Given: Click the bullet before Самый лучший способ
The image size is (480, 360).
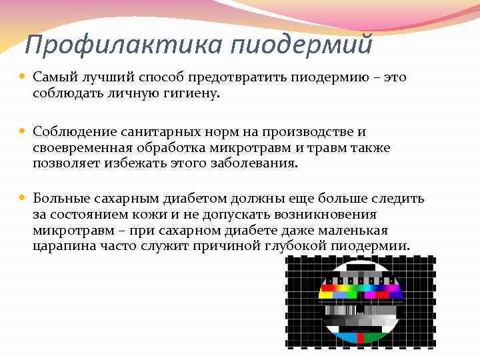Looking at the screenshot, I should coord(24,78).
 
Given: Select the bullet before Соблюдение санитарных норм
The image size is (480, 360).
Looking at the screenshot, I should coord(24,133).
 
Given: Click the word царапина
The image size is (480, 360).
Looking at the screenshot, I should coord(61,247).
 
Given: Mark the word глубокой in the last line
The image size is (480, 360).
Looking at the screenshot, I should coord(301,247).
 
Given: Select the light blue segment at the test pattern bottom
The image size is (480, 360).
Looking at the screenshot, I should coord(345,337).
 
